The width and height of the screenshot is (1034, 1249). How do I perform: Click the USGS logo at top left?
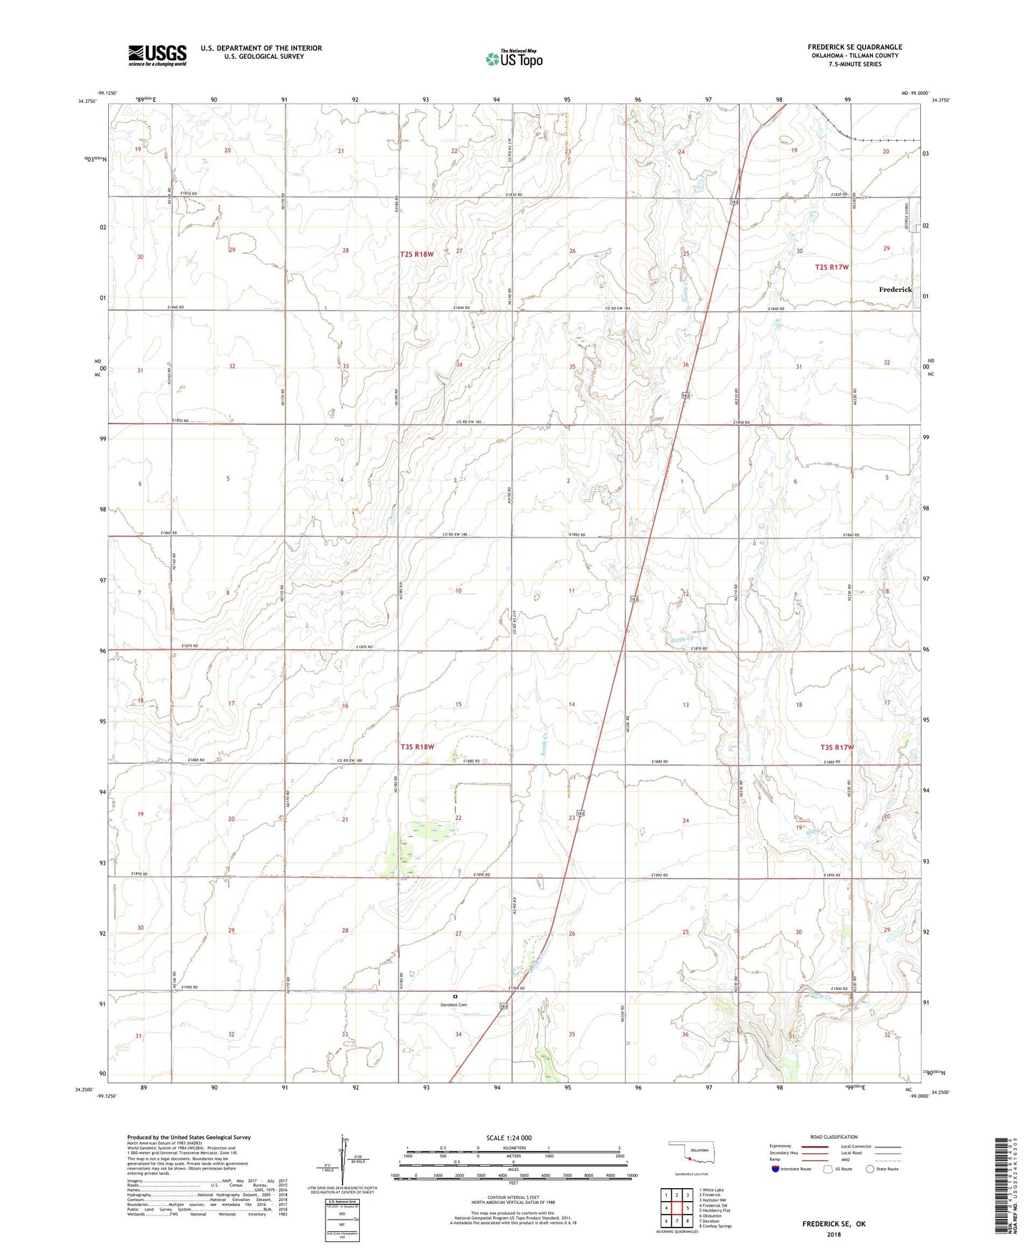157,55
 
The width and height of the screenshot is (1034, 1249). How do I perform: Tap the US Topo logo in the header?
514,58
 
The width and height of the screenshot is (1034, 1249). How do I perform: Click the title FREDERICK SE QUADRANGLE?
854,47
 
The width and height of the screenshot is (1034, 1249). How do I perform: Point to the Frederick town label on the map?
895,290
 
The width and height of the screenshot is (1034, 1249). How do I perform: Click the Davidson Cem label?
454,1004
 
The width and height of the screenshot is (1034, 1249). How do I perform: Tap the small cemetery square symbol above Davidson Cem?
454,996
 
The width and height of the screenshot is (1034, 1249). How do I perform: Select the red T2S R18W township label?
416,254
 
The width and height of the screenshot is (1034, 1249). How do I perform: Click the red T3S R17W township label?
837,748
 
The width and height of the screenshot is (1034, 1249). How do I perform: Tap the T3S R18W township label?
417,747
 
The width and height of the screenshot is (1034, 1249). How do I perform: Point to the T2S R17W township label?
831,267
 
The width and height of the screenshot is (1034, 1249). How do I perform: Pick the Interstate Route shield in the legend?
776,1170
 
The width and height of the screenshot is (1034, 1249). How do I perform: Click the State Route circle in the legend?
870,1169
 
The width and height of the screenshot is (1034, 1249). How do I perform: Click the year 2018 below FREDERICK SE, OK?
834,1235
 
